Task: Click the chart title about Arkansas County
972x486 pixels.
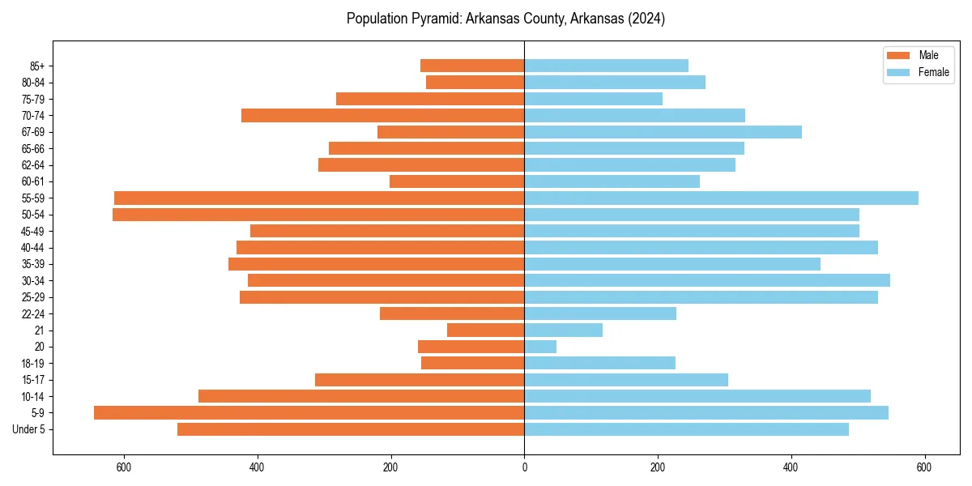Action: pos(505,19)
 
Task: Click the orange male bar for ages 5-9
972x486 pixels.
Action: pos(309,413)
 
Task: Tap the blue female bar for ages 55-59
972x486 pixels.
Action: pos(721,198)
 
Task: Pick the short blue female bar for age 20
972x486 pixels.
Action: pos(540,347)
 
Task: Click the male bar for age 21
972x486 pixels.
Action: pos(485,330)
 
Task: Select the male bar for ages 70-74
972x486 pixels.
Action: pos(382,116)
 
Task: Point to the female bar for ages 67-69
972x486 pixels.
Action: pos(663,132)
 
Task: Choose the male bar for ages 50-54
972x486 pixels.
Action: pos(318,215)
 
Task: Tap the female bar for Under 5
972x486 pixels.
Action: pos(686,429)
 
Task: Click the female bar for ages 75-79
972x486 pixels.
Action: pos(593,99)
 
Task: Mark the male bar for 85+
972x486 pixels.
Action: pos(472,66)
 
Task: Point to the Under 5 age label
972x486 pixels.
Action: pos(28,429)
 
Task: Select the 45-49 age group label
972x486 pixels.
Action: pos(32,232)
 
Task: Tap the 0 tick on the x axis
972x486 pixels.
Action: pos(524,467)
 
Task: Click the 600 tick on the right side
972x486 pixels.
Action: pos(924,467)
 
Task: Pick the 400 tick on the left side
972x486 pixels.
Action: pos(258,467)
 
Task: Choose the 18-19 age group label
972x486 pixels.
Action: pos(32,364)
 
